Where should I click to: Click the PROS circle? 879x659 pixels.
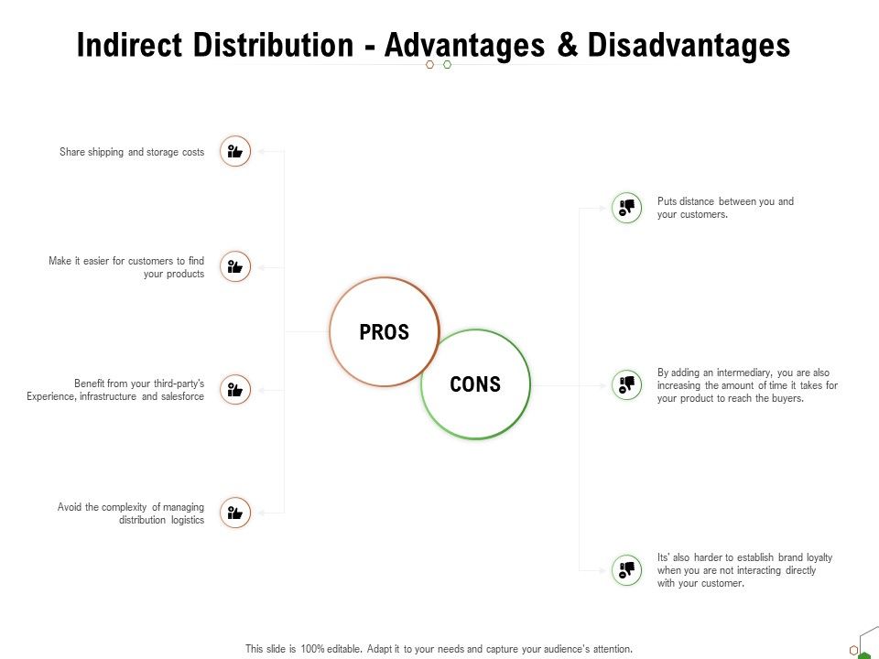coord(385,332)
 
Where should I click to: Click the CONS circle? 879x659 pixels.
coord(475,384)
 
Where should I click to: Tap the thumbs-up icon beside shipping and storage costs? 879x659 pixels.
coord(235,151)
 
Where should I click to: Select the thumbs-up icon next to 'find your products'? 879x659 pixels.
coord(235,266)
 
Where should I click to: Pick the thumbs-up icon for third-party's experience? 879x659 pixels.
coord(235,390)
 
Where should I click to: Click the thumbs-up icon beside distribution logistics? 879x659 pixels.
coord(235,513)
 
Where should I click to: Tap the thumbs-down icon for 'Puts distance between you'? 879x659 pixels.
coord(627,207)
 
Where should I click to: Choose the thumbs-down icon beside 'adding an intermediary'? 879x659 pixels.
coord(627,384)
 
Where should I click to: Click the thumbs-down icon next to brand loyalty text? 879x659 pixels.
coord(627,569)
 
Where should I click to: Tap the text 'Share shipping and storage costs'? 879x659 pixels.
coord(132,152)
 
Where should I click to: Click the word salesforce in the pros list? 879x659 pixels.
coord(183,397)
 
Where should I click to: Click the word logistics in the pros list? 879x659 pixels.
coord(187,520)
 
